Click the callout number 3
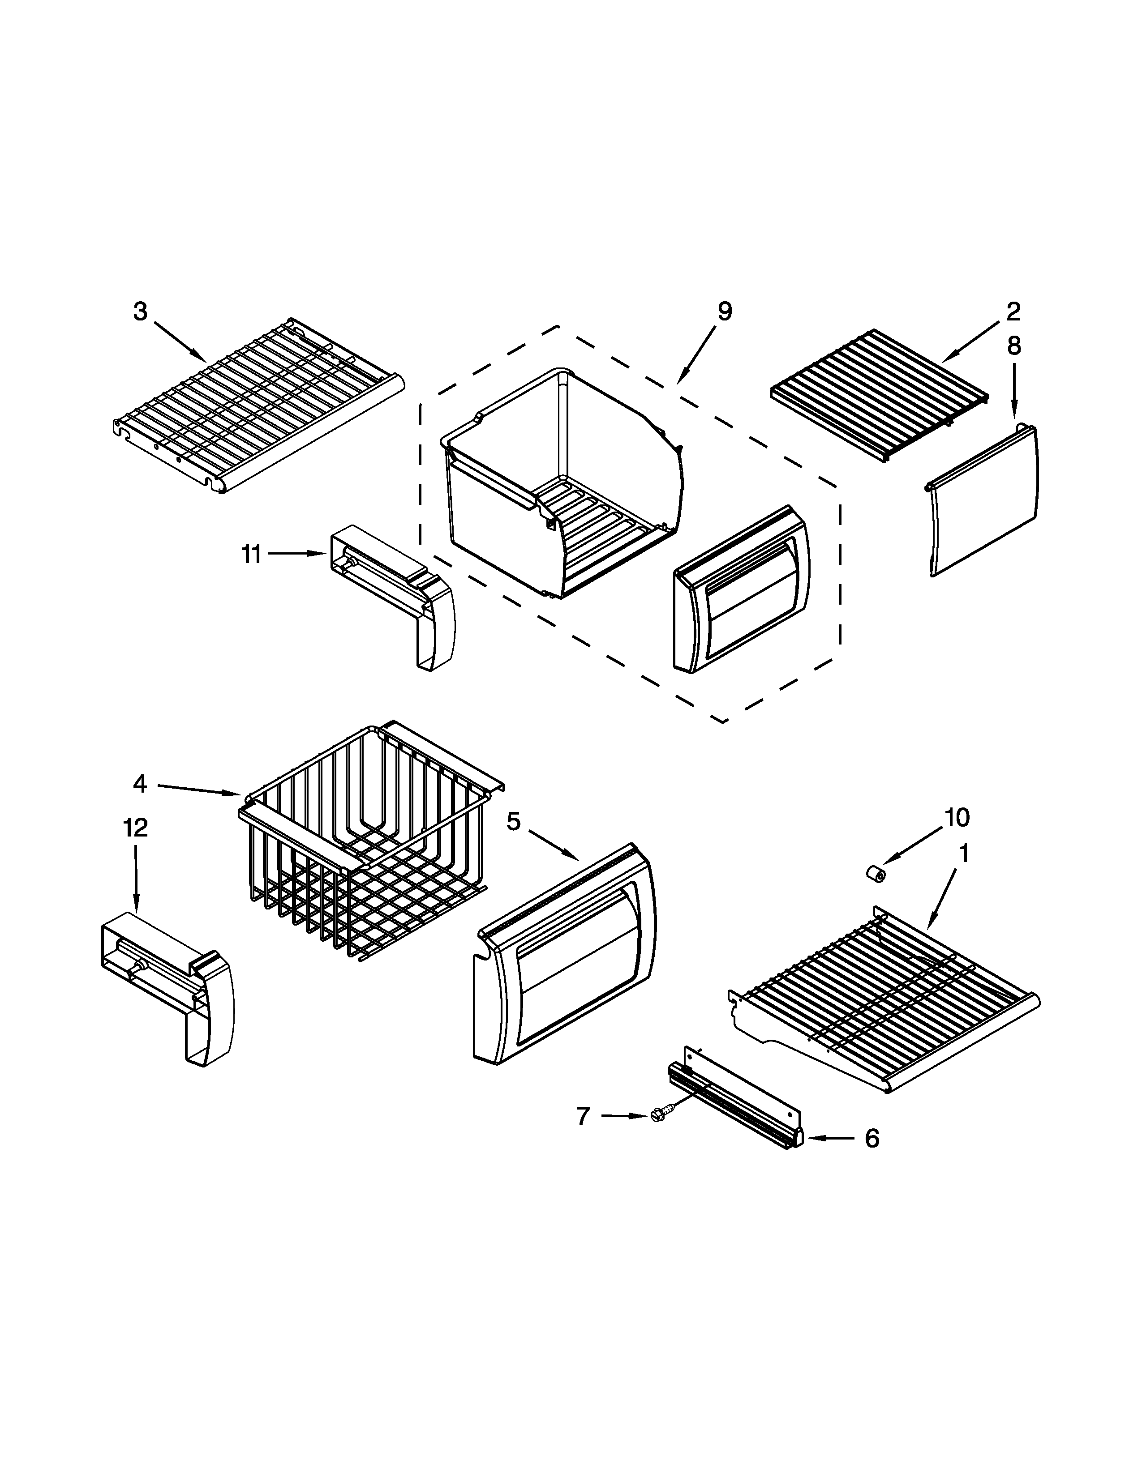[x=140, y=312]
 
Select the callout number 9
[x=725, y=312]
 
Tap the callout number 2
[x=1013, y=312]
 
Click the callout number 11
[x=251, y=555]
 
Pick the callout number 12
[x=135, y=827]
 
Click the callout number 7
[x=583, y=1115]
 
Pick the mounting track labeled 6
[x=738, y=1099]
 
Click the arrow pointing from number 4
[x=200, y=789]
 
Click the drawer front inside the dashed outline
[x=741, y=589]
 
